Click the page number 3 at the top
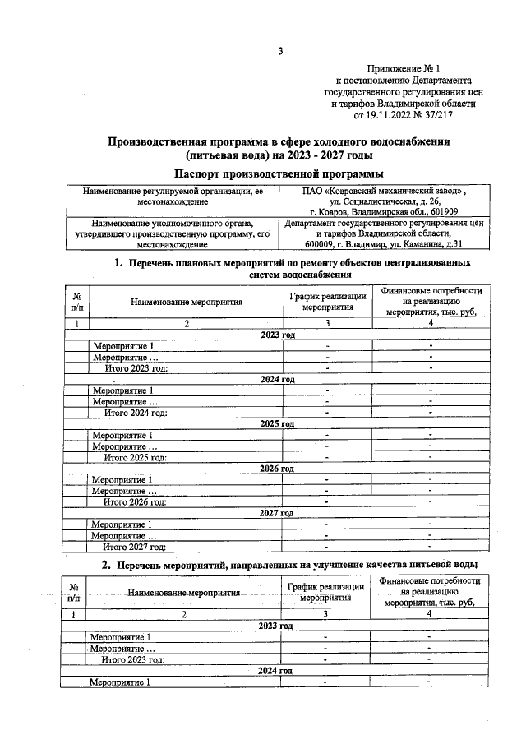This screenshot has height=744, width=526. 279,52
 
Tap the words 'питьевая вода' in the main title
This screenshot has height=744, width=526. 226,155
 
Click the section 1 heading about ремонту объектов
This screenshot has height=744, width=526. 292,268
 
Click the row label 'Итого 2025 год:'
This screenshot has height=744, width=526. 135,457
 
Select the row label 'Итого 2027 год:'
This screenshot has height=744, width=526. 133,546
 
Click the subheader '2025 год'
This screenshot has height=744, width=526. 277,424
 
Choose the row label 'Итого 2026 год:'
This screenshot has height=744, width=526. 134,501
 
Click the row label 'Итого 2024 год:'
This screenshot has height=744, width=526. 135,413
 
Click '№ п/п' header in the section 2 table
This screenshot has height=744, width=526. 75,594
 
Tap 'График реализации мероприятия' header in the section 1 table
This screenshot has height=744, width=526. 326,302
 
